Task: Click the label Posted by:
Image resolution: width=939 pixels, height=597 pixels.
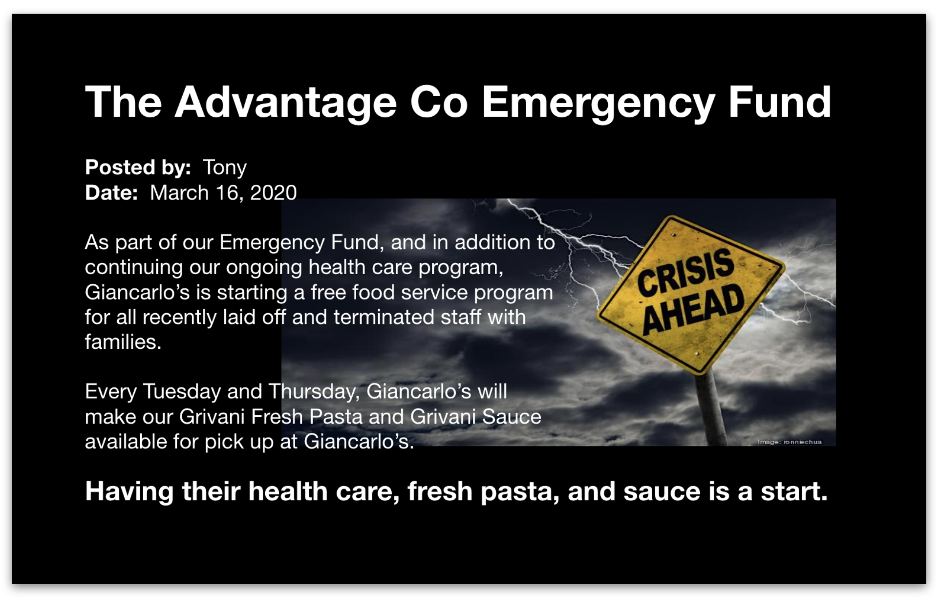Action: click(138, 168)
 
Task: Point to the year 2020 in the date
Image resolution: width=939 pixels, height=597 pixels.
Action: click(273, 192)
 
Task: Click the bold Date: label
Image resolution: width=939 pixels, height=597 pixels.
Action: click(111, 192)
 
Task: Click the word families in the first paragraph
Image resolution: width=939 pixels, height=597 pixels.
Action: click(123, 342)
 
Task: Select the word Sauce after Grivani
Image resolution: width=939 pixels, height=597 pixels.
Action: click(512, 417)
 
